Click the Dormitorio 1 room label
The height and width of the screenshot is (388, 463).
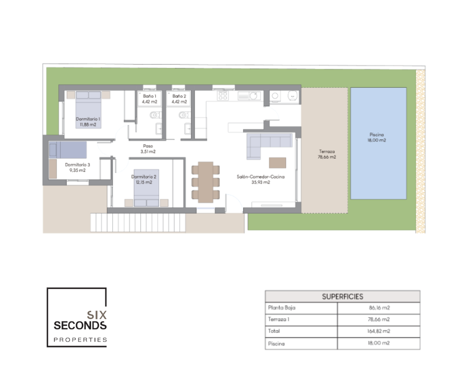(x=88, y=122)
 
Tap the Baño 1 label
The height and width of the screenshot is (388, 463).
(x=149, y=98)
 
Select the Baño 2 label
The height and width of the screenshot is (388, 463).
(x=179, y=98)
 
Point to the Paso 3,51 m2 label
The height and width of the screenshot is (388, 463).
(x=148, y=149)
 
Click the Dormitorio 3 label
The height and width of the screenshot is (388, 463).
(x=77, y=167)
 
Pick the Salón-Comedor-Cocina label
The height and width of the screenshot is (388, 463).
(x=261, y=179)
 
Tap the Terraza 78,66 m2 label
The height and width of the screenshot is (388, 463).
(x=327, y=154)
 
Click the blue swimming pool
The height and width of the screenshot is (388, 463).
(x=379, y=143)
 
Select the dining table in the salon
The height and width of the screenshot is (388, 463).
(x=205, y=182)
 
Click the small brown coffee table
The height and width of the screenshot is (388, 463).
(x=278, y=162)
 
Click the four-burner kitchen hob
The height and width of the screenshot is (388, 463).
(x=223, y=96)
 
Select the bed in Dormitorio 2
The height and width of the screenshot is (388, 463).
(x=146, y=188)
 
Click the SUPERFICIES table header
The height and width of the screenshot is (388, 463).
(x=342, y=296)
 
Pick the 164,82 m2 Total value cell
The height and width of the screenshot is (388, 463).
(x=379, y=331)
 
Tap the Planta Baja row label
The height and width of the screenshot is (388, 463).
(x=282, y=308)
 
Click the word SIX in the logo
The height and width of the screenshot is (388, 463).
(x=97, y=315)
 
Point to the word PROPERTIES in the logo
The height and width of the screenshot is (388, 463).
(x=80, y=340)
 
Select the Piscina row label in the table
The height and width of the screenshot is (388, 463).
(x=276, y=343)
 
